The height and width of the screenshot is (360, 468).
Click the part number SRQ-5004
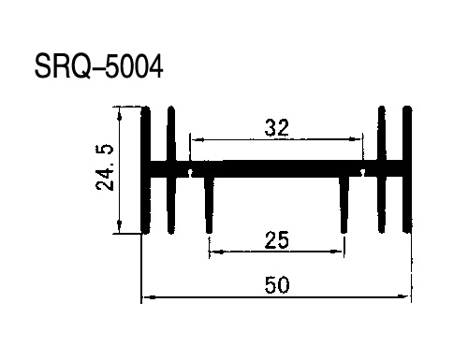point(98,66)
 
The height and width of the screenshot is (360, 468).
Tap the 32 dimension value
point(277,128)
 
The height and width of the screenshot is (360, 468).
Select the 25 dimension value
point(277,240)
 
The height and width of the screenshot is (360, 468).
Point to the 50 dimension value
point(277,285)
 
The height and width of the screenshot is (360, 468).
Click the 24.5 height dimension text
point(105,167)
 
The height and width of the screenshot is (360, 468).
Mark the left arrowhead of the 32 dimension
point(197,139)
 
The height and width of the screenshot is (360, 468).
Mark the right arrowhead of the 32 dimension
point(355,139)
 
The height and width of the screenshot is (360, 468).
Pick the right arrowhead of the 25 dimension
point(337,251)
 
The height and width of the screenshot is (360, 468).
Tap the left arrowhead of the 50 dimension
point(150,297)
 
